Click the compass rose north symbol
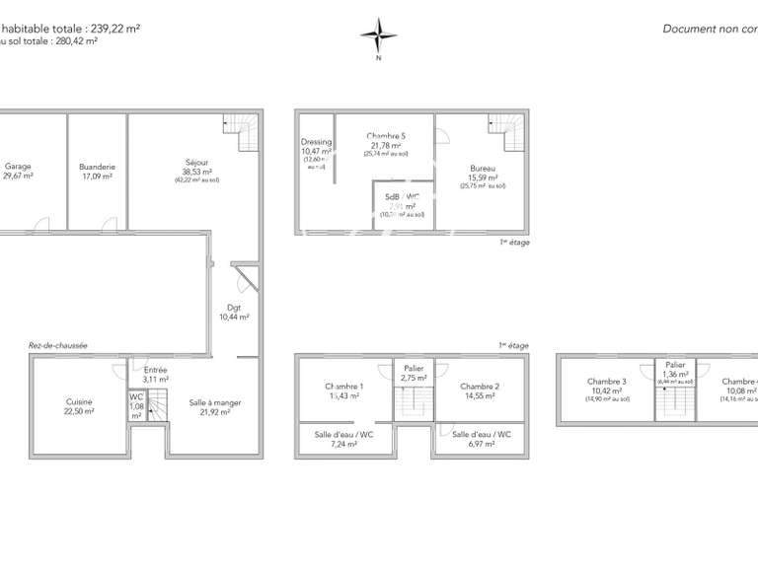pyautogui.click(x=378, y=36)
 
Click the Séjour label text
pyautogui.click(x=196, y=164)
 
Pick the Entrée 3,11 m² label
pyautogui.click(x=156, y=374)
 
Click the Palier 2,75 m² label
pyautogui.click(x=414, y=373)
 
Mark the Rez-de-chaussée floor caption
pyautogui.click(x=58, y=345)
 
